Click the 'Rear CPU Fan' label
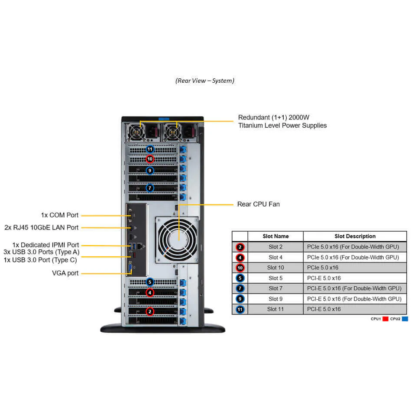point(258,204)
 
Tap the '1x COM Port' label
point(60,215)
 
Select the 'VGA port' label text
point(65,273)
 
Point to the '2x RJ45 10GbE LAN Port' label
point(42,227)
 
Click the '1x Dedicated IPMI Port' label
point(45,245)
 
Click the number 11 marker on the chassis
point(150,149)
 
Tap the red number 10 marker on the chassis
point(150,159)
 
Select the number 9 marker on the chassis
point(150,171)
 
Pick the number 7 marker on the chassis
point(150,188)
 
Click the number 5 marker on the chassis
point(150,282)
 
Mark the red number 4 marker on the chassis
point(150,292)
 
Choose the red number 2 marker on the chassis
point(150,311)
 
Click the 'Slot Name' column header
point(275,236)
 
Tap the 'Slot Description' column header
point(355,236)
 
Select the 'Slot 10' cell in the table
point(275,268)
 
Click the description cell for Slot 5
point(324,278)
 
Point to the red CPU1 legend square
point(385,319)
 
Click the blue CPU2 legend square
point(405,319)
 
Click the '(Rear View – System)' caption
point(205,81)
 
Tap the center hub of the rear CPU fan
point(178,240)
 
